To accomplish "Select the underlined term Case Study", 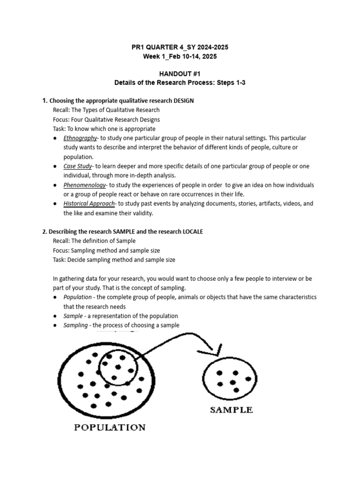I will coord(77,166).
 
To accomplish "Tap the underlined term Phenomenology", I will coord(85,185).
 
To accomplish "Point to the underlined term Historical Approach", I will coord(89,204).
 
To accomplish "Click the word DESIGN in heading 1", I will coord(184,100).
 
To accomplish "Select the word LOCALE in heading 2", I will coord(191,232).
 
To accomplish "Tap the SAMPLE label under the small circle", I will coord(231,410).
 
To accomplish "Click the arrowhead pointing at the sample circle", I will coord(217,350).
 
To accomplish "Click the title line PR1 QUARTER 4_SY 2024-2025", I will coord(180,48).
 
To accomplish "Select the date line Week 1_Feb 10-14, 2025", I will coord(180,57).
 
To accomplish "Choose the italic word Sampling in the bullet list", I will coord(75,325).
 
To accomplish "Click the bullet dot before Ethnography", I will coord(55,138).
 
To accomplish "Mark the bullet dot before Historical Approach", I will coord(55,204).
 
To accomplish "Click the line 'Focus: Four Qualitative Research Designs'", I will coord(106,120).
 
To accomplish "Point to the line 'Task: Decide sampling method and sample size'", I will coord(114,260).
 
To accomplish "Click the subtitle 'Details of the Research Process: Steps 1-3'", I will coord(180,82).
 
